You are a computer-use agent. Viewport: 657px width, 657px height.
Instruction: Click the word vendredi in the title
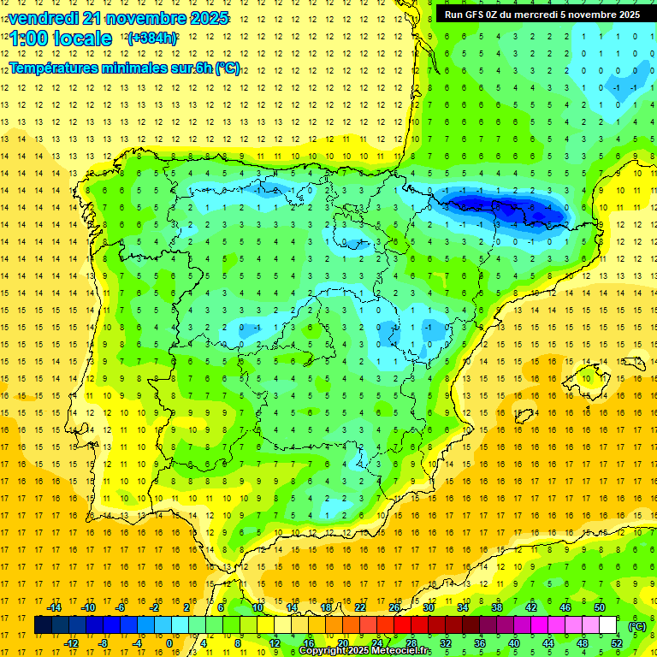43,18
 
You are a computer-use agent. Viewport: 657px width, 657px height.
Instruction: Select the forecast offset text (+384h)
152,38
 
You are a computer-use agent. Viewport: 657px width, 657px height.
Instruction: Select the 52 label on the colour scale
617,643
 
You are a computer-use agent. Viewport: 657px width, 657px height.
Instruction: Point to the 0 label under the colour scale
169,643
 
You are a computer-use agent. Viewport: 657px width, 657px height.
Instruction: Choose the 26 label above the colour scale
394,607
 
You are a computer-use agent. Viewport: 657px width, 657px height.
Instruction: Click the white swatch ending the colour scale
608,625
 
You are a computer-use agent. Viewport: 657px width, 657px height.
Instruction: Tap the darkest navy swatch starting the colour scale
43,625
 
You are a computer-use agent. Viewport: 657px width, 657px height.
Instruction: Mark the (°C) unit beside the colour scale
636,625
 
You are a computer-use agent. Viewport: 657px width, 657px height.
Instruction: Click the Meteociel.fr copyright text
365,651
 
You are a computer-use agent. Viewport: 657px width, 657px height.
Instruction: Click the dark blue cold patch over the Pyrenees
505,207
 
